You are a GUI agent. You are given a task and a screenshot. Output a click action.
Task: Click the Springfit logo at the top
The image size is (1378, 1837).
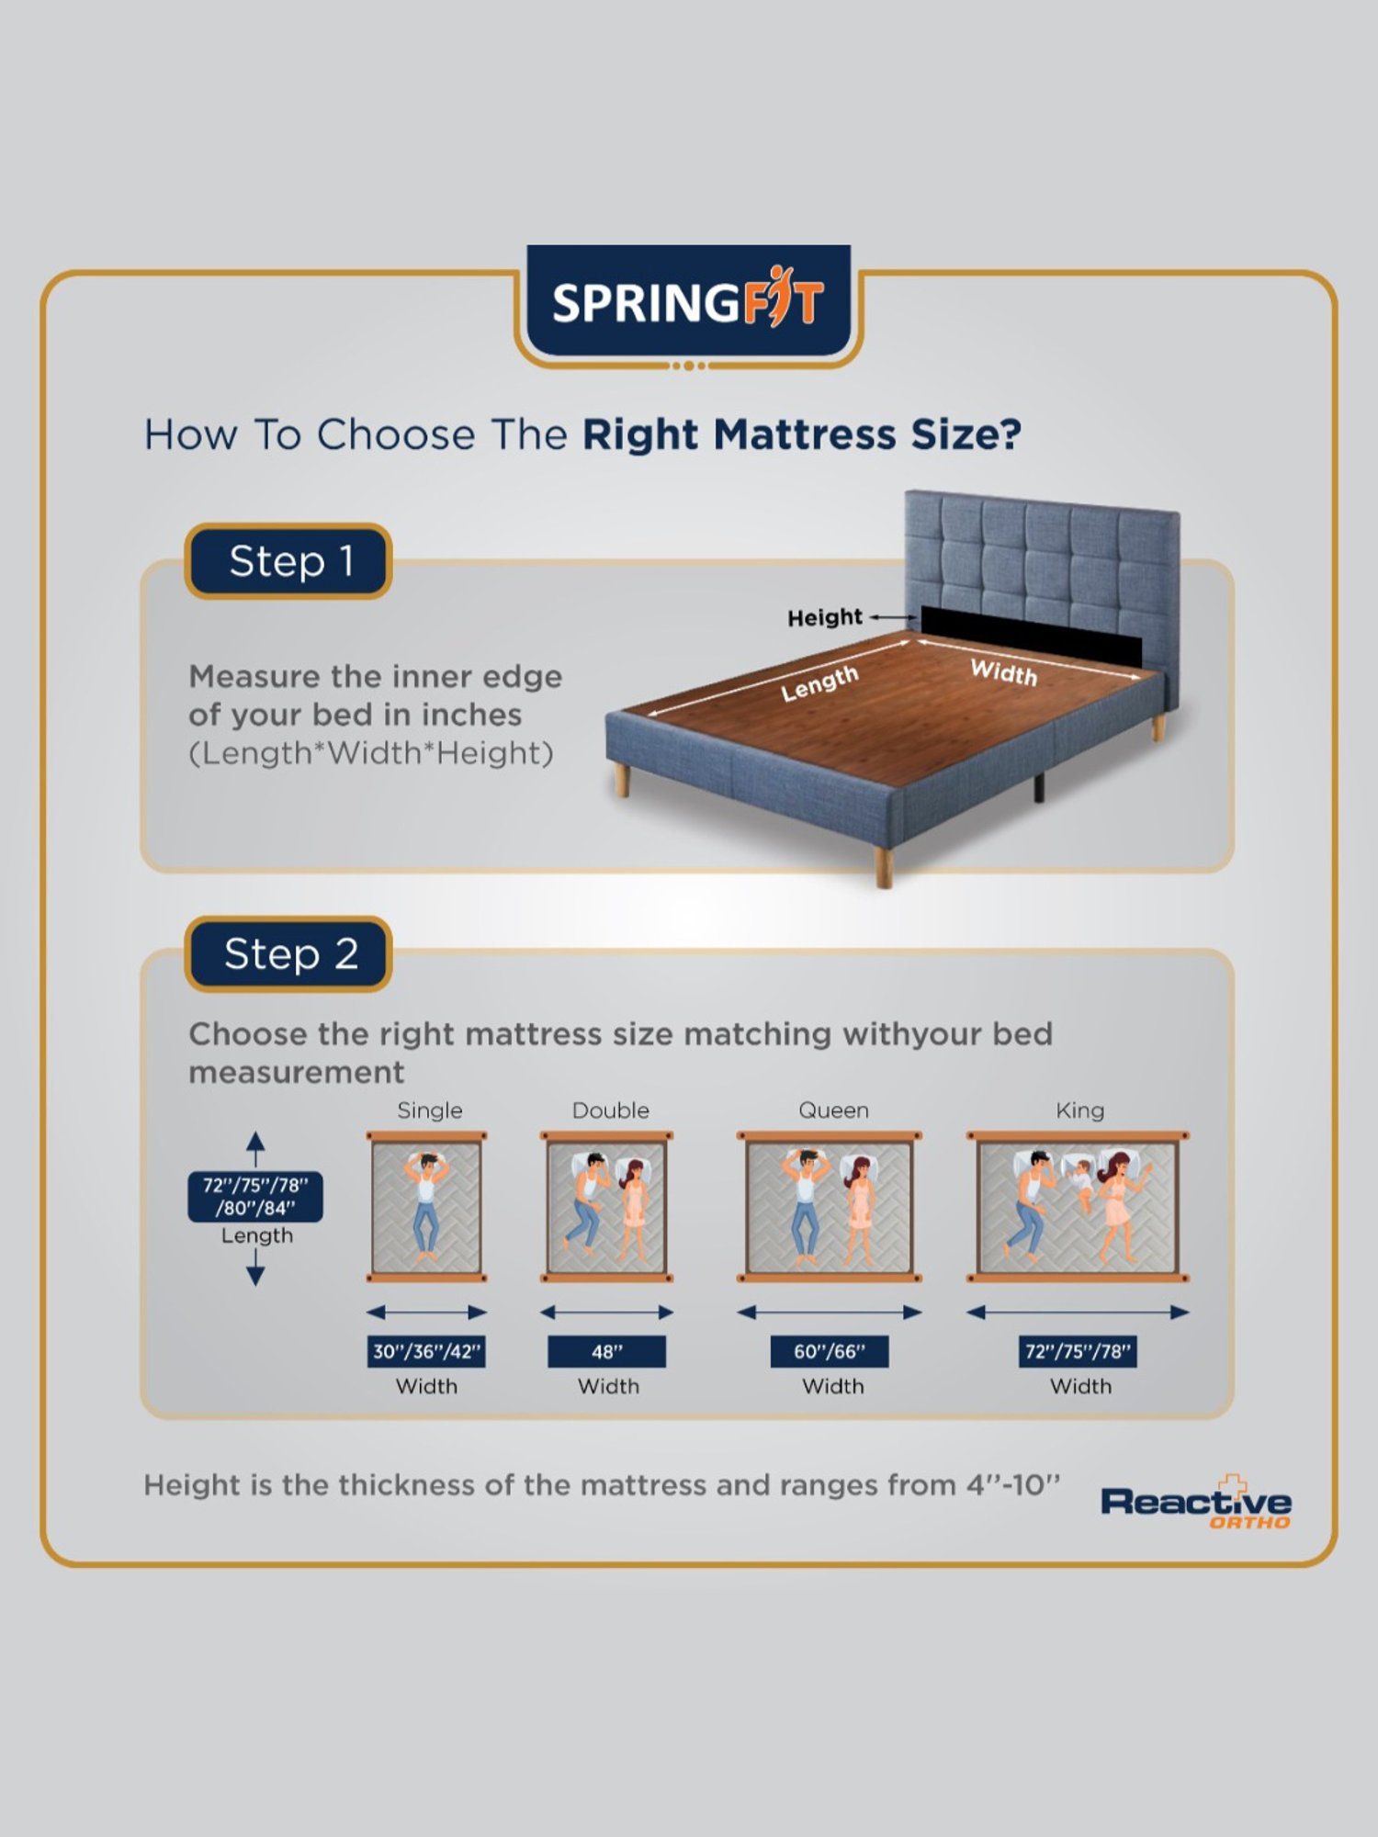click(688, 301)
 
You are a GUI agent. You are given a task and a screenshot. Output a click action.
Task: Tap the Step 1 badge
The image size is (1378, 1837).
click(289, 561)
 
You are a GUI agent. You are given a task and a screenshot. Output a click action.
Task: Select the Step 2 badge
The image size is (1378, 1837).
click(289, 954)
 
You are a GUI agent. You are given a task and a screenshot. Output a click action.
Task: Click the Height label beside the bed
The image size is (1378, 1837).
click(824, 617)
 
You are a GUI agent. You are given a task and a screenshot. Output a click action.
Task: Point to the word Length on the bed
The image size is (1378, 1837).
click(819, 683)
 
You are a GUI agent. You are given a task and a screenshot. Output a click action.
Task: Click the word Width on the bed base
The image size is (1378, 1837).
click(1003, 672)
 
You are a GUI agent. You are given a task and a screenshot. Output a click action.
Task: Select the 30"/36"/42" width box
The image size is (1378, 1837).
click(426, 1351)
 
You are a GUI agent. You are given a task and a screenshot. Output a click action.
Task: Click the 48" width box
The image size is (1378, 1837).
click(606, 1351)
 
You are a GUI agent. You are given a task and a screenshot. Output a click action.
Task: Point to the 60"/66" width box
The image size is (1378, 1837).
click(830, 1351)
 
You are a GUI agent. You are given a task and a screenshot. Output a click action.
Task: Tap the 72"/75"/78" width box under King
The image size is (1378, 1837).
click(1078, 1351)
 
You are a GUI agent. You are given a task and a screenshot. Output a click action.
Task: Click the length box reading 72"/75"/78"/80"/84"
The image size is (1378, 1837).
click(255, 1196)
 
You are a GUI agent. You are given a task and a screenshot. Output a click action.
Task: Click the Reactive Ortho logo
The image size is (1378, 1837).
click(1196, 1503)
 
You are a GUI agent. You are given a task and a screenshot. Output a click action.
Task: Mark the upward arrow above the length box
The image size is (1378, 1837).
click(255, 1146)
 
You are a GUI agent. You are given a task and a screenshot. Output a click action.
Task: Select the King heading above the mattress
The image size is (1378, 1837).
click(1079, 1110)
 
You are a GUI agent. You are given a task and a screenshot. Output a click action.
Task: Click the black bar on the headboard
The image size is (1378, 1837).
click(1031, 634)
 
